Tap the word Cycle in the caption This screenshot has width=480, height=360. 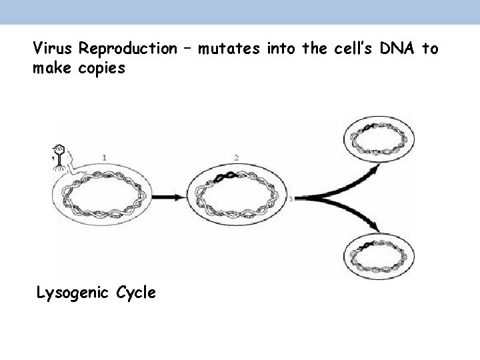tap(136, 292)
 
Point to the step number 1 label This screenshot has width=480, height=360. tap(105, 157)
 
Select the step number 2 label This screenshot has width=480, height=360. tap(236, 157)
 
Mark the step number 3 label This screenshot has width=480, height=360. tap(292, 198)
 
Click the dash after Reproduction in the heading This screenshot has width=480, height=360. tap(187, 49)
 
